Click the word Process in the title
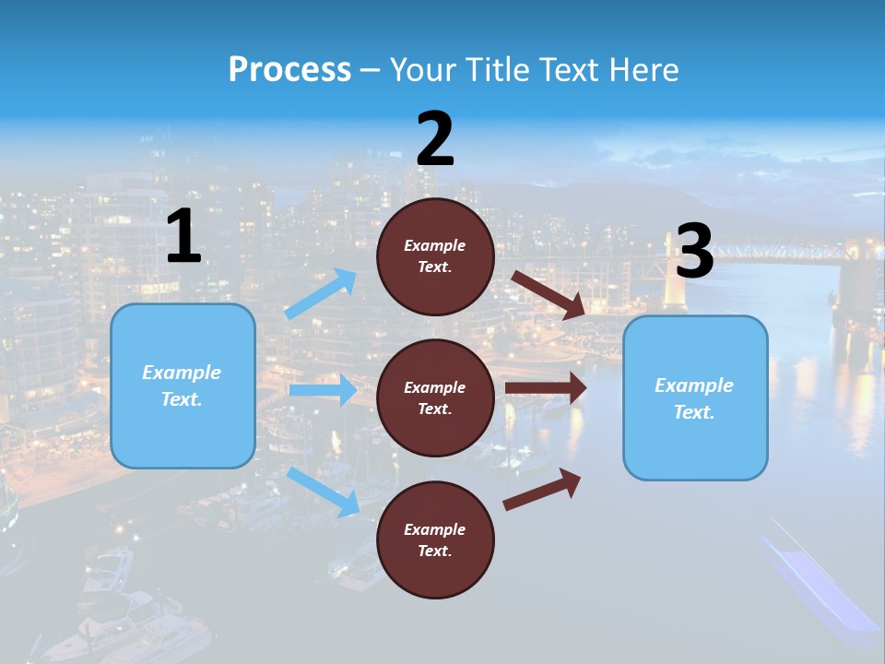[x=289, y=70]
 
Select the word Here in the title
[x=643, y=70]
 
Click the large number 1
[x=183, y=237]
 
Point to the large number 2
[x=435, y=139]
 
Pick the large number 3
[x=694, y=252]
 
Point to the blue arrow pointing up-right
[x=321, y=293]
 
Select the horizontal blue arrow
[x=323, y=390]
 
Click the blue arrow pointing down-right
[x=324, y=491]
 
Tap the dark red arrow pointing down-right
[x=549, y=294]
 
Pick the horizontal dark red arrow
[x=546, y=387]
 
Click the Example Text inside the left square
[x=182, y=385]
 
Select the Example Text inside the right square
[x=694, y=398]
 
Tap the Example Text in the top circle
[x=435, y=256]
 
